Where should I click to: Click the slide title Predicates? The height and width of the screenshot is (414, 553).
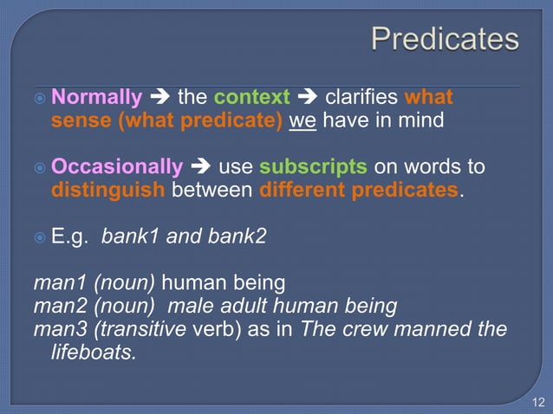click(x=445, y=39)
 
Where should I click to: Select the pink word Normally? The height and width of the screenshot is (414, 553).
click(x=96, y=96)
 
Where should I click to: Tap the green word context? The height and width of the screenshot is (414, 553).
click(x=251, y=96)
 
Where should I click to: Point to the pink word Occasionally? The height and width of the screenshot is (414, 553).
click(x=117, y=165)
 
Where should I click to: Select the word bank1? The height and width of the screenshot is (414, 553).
click(x=131, y=236)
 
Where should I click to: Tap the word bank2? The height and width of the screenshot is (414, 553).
click(x=236, y=236)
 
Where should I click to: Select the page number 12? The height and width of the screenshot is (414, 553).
click(x=537, y=401)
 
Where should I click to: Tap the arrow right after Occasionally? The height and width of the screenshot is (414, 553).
click(x=200, y=165)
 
